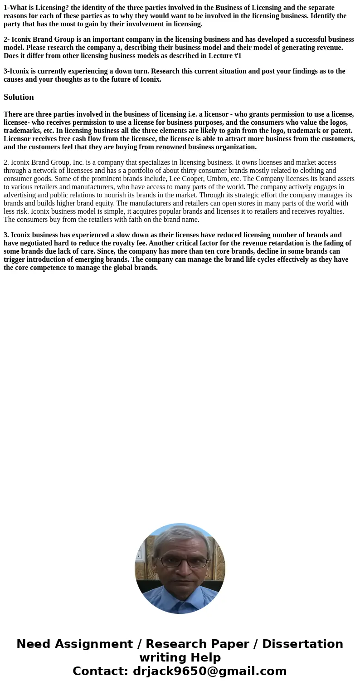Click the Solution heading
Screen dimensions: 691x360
click(19, 97)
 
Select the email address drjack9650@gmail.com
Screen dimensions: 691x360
click(209, 671)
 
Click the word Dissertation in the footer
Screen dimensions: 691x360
click(302, 644)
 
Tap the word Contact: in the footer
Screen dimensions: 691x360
click(100, 671)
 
